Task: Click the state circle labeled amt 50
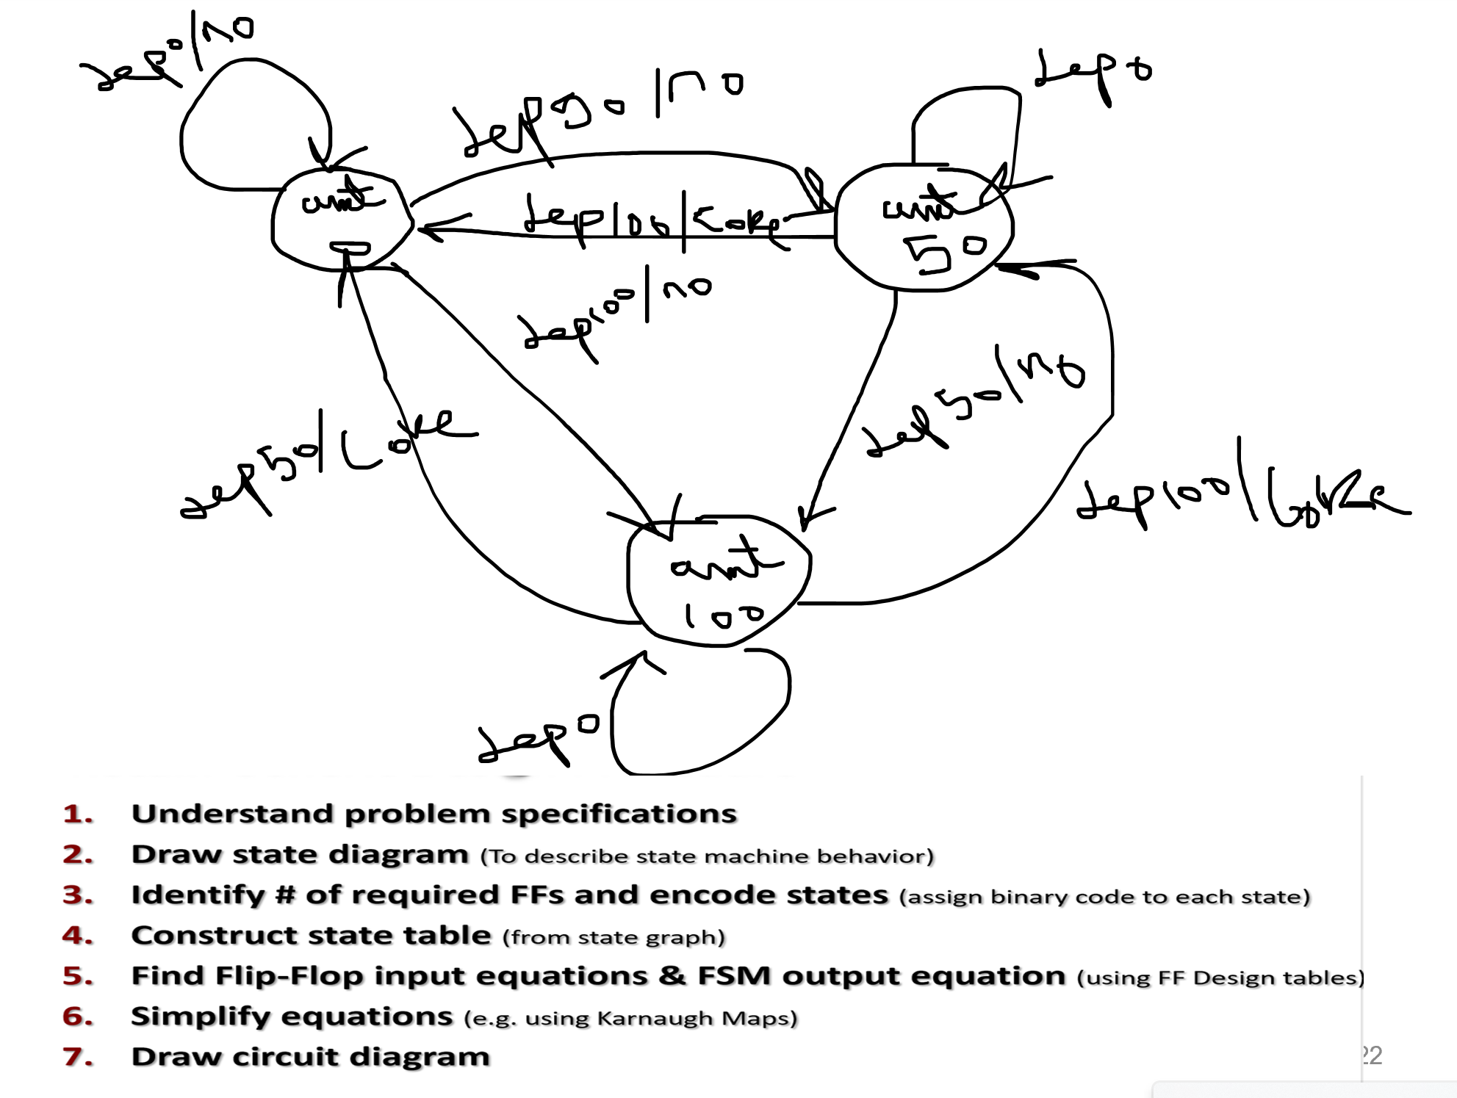924,228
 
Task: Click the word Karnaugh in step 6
664,1019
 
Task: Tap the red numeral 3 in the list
77,895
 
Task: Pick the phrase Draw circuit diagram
310,1057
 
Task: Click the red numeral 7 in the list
77,1057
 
